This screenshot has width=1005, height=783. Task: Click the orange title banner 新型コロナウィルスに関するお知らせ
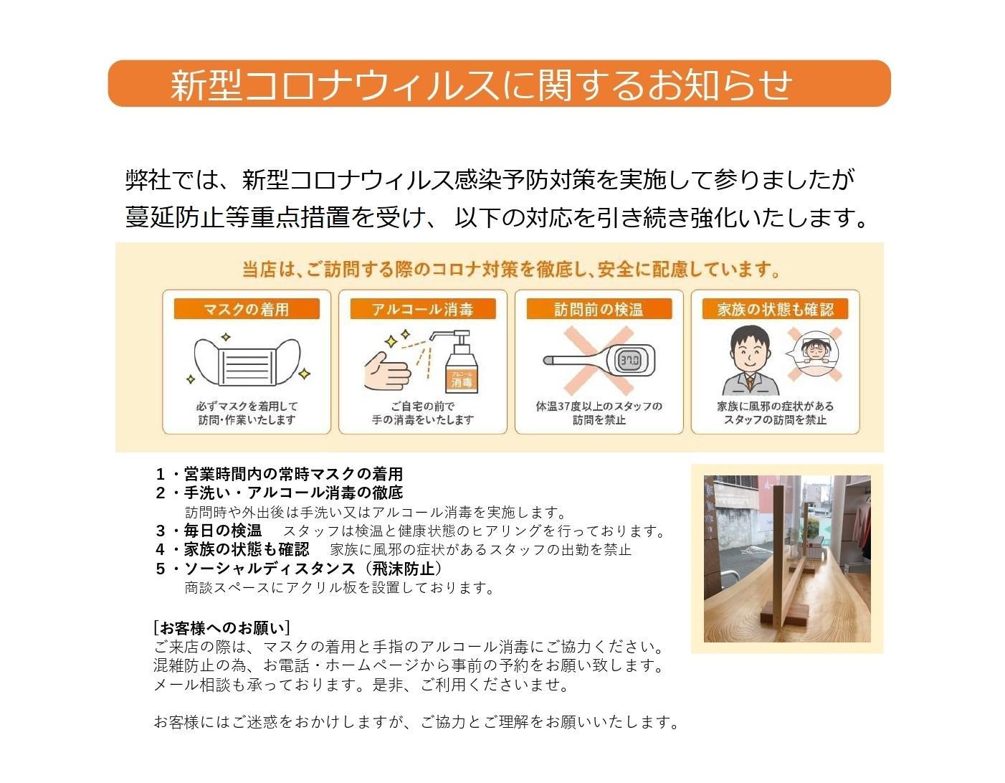(x=499, y=84)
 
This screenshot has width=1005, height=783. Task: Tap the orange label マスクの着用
(x=247, y=309)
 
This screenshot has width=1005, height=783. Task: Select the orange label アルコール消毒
(x=423, y=309)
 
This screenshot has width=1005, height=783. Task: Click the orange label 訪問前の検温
(x=599, y=309)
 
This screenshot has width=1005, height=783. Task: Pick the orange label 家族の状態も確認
(x=776, y=309)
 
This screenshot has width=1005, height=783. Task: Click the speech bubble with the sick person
(x=810, y=353)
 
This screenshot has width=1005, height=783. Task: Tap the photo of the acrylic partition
(x=786, y=558)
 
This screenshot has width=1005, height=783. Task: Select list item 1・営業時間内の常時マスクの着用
(x=280, y=474)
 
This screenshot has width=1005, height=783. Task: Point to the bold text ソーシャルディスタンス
(x=270, y=569)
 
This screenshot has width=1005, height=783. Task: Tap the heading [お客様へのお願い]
(x=222, y=628)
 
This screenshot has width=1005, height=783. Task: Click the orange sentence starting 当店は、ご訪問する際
(x=510, y=270)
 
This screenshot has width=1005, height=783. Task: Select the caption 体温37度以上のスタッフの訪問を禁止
(x=599, y=413)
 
